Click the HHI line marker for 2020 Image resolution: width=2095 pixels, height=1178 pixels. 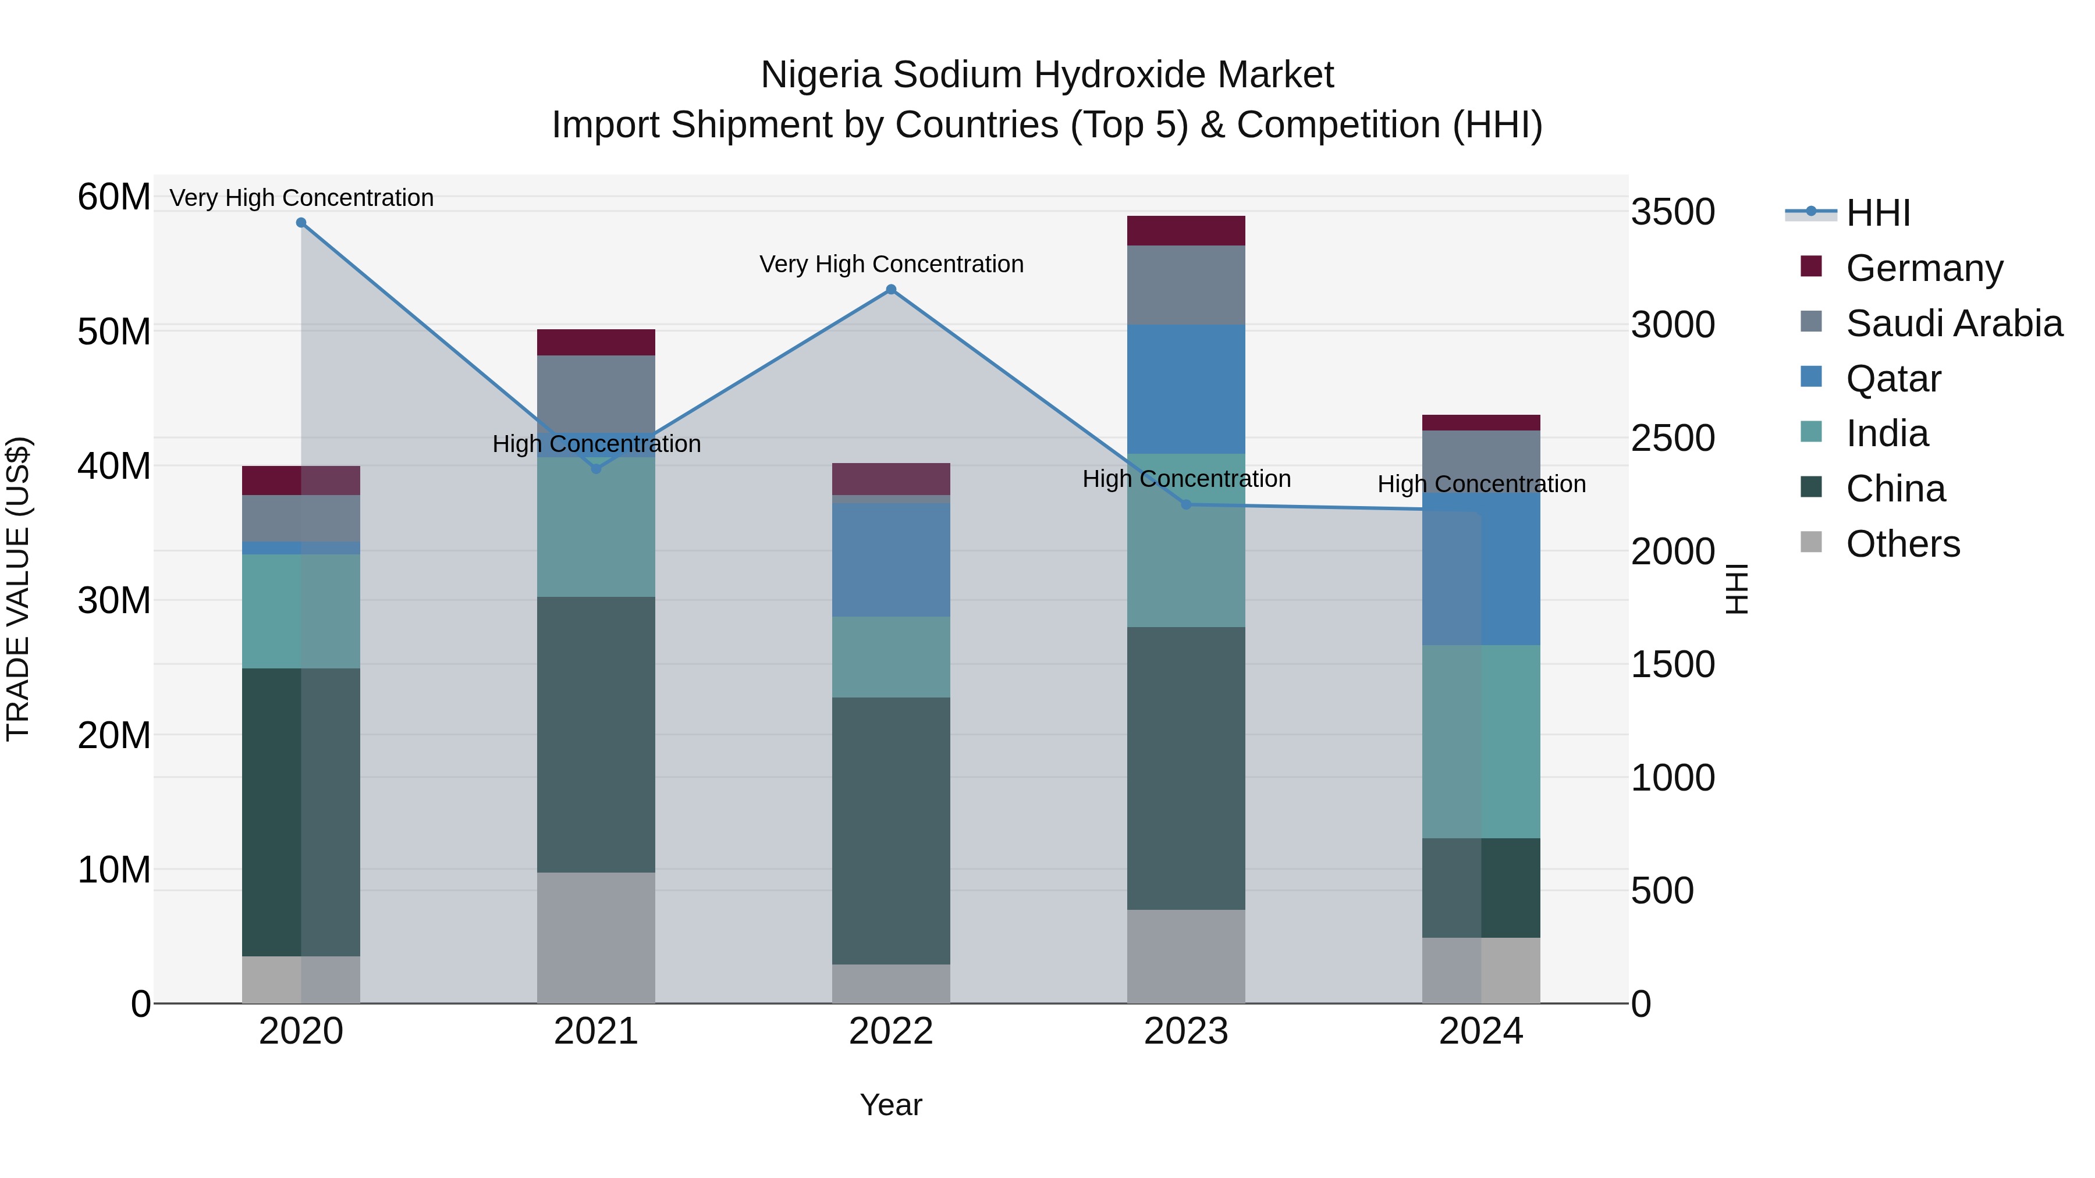pos(301,223)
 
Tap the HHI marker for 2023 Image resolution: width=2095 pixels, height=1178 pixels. pos(1186,505)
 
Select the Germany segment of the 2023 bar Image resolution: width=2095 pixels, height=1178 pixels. pos(1186,231)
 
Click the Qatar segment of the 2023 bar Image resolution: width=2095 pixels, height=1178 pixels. pos(1186,389)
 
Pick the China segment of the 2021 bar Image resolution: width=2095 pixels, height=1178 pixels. pos(596,734)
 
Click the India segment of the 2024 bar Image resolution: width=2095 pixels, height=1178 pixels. pos(1481,742)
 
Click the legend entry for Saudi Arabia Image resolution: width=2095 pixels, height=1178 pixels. pos(1954,323)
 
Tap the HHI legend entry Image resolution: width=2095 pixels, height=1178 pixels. pos(1877,213)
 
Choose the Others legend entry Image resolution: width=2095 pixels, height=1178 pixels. pos(1902,544)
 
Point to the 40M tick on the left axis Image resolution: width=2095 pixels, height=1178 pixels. pos(114,467)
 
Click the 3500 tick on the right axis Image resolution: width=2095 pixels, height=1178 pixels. pos(1673,212)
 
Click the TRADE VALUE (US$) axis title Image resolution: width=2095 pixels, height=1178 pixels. pos(18,589)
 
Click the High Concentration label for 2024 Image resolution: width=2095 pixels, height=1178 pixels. pos(1481,485)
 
